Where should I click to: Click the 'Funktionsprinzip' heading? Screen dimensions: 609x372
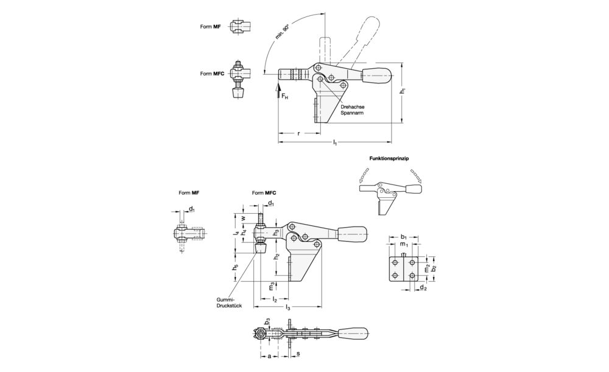coord(389,158)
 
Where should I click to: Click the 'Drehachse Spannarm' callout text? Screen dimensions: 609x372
coord(352,110)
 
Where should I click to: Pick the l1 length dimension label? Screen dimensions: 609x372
coord(335,143)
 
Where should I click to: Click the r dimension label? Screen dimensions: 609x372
coord(298,133)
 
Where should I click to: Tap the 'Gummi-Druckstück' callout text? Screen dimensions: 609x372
coord(229,303)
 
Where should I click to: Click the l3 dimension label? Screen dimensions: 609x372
coord(288,307)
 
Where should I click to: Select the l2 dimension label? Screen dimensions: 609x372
coord(275,299)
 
